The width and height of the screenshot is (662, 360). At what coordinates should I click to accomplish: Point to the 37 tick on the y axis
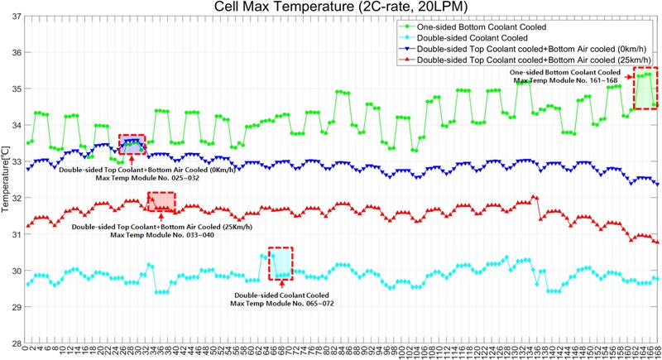coord(17,17)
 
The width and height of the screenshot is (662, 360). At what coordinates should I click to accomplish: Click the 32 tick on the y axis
coord(17,198)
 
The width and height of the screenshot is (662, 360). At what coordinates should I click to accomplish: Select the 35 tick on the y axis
coord(17,89)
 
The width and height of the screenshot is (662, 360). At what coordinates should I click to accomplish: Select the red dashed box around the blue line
coord(132,144)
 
